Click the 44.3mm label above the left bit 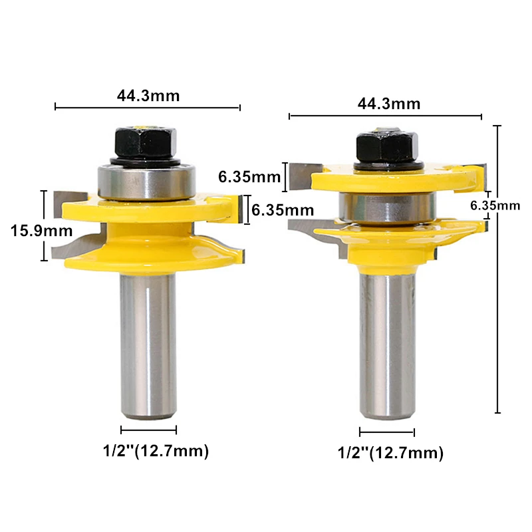point(148,96)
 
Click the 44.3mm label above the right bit point(389,104)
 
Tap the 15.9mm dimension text point(41,231)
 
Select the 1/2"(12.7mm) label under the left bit point(156,452)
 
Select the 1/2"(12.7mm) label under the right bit point(390,453)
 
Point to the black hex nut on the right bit point(387,148)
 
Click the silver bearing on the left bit point(146,182)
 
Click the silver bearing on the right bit point(387,207)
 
